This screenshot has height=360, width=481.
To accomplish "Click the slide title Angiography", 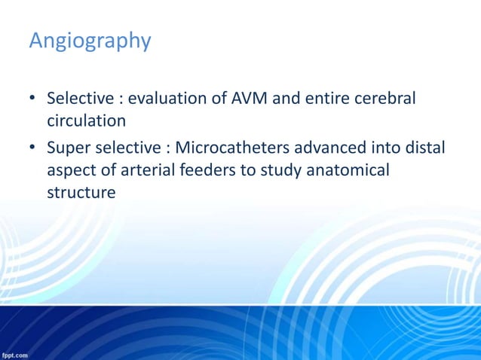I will [90, 41].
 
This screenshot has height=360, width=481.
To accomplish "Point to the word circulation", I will [86, 121].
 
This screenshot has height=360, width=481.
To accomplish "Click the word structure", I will [81, 192].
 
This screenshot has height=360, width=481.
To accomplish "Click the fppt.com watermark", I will [15, 354].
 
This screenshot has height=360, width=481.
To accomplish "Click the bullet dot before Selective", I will [33, 99].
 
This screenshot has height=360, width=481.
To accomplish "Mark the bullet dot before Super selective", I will [33, 148].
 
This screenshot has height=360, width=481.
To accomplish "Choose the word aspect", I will [71, 171].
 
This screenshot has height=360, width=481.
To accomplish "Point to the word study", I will [280, 171].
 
